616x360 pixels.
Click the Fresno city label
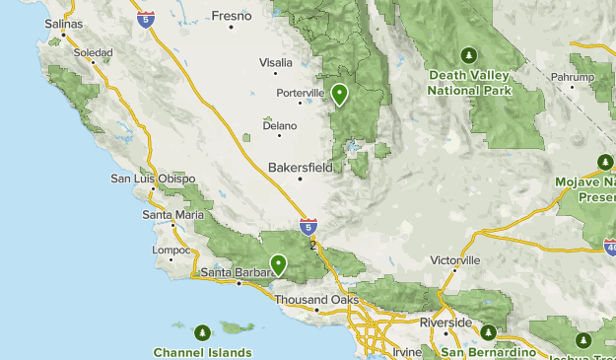tap(232, 16)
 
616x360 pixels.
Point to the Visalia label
tap(276, 62)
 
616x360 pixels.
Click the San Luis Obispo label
tap(147, 179)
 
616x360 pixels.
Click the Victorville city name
tap(455, 260)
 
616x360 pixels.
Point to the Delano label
tap(279, 124)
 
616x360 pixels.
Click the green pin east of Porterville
tap(339, 94)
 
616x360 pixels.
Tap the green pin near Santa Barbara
tap(279, 263)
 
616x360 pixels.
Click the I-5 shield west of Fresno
tap(146, 20)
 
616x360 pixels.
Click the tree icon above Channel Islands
tap(203, 332)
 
